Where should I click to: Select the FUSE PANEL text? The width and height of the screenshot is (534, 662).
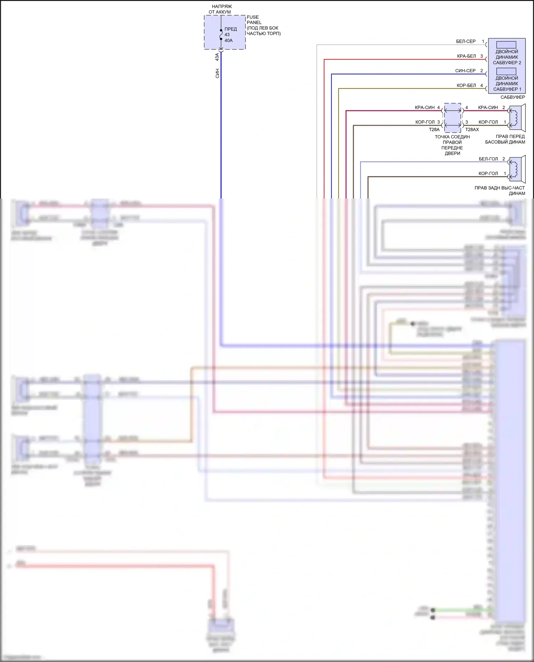click(254, 20)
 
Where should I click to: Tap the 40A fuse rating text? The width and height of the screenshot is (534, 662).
click(229, 41)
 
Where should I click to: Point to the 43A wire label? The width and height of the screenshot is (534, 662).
click(217, 57)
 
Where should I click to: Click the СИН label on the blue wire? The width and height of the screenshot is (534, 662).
click(217, 74)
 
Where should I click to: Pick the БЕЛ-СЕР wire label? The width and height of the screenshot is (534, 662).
click(466, 41)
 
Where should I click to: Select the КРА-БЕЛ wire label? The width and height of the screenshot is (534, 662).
click(466, 56)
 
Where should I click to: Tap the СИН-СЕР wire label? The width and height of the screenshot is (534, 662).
click(465, 71)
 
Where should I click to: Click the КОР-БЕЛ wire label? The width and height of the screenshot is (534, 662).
click(466, 85)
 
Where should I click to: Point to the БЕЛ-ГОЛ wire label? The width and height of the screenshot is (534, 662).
click(488, 159)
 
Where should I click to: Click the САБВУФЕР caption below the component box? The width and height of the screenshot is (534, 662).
click(513, 97)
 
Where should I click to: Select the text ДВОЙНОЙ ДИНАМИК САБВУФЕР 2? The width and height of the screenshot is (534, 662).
click(507, 57)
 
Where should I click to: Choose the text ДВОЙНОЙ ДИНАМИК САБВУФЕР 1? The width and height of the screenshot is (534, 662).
click(507, 84)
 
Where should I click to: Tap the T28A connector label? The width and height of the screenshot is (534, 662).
click(434, 129)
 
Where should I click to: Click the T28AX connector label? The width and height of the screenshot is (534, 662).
click(472, 129)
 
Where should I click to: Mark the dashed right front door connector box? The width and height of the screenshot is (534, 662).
click(452, 115)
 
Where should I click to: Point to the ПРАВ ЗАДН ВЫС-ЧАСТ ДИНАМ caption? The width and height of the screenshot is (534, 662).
click(499, 191)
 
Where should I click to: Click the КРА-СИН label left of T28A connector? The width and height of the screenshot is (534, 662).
click(425, 107)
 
